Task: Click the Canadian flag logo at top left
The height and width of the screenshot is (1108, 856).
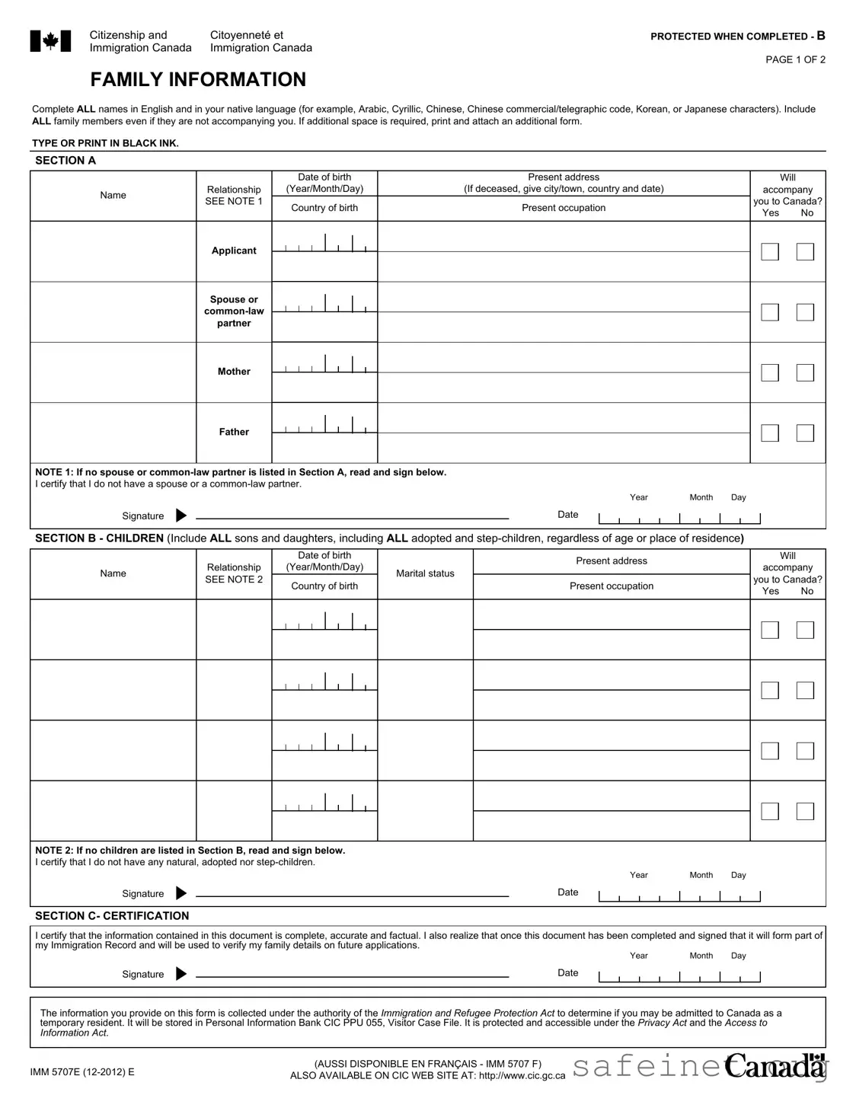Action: (50, 41)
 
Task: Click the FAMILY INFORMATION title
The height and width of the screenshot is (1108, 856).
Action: (198, 80)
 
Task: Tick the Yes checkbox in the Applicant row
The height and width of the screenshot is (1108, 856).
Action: (770, 252)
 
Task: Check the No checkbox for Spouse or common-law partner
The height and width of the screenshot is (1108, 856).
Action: (805, 312)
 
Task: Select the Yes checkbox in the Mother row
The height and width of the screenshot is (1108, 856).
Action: (770, 372)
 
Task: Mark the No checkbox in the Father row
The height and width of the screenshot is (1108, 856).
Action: (805, 433)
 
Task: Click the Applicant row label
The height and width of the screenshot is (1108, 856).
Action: (234, 251)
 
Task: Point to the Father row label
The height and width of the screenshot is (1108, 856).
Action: (234, 432)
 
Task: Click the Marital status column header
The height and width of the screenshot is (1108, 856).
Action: (425, 573)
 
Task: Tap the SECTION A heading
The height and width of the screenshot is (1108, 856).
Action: (65, 161)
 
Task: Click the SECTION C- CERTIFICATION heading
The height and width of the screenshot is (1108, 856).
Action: (112, 916)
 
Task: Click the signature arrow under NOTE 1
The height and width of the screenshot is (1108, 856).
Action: (181, 516)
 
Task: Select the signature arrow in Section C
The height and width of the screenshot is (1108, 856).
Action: (181, 974)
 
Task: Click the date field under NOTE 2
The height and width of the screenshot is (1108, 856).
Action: (679, 896)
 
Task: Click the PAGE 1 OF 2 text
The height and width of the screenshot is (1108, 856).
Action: (795, 59)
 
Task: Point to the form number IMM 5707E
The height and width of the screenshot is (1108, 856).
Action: (82, 1072)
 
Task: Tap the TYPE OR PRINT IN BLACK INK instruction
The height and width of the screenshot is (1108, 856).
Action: (105, 143)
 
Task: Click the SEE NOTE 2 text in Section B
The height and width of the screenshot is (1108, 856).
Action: (234, 580)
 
